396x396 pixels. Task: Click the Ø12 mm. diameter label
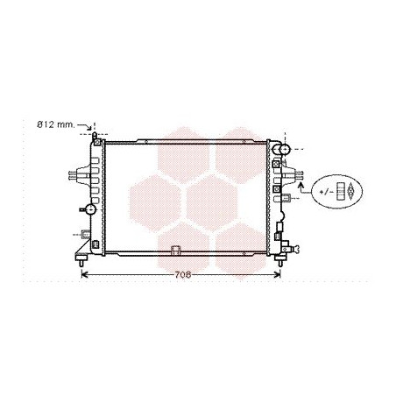[56, 124]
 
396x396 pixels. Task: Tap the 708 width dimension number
[183, 275]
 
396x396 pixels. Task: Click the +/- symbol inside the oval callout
[327, 192]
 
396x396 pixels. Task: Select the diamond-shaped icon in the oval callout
[350, 192]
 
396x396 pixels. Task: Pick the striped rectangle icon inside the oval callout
[340, 192]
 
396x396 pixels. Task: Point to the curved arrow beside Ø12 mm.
[85, 126]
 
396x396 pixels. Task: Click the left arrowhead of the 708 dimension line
[84, 274]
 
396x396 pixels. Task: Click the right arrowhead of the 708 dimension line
[277, 274]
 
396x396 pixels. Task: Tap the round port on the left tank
[91, 209]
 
